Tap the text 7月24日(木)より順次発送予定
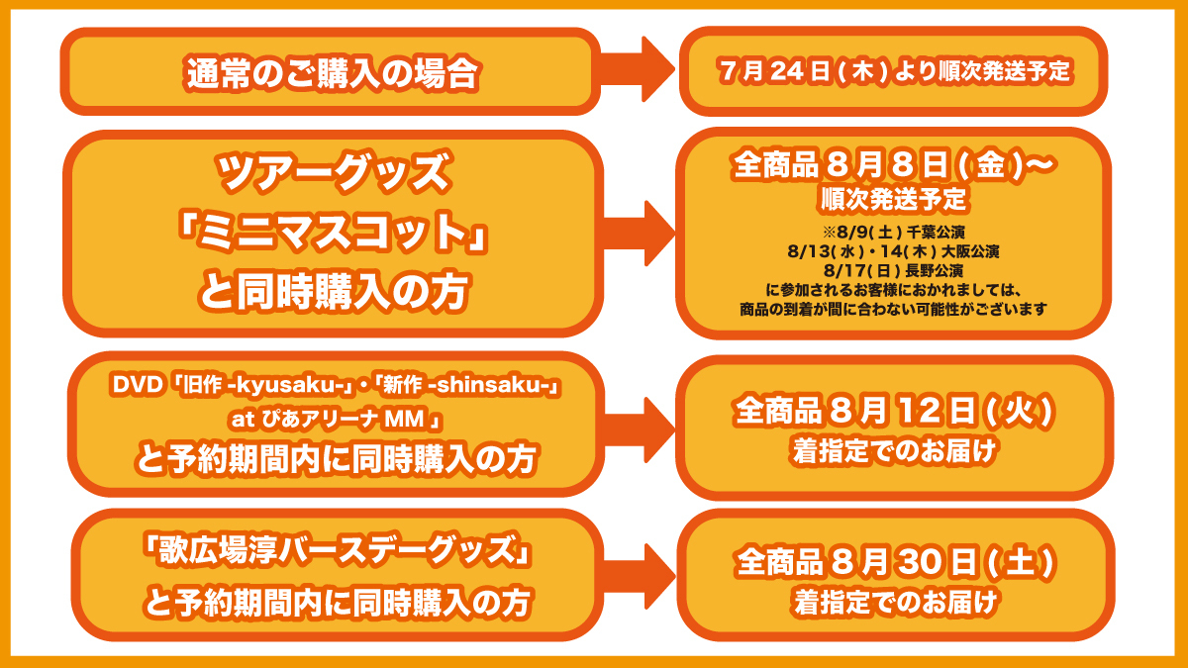pos(896,72)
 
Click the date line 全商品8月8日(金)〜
pos(894,165)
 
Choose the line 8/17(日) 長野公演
pos(894,269)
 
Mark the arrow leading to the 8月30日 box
pos(639,574)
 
